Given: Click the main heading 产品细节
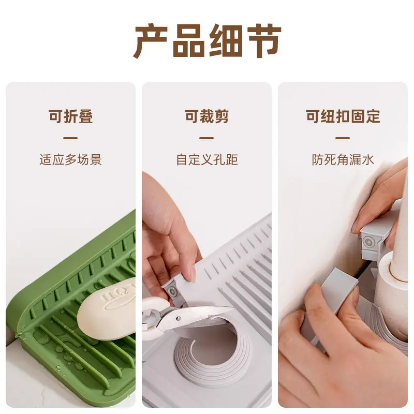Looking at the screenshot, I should click(207, 41).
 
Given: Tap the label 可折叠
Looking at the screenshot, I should click(71, 116).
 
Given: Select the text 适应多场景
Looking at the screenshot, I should click(71, 159).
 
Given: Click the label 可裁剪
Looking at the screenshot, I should click(206, 116).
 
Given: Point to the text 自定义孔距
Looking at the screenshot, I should click(206, 159).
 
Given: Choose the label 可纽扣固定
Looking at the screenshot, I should click(343, 116).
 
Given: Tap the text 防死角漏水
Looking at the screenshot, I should click(343, 159).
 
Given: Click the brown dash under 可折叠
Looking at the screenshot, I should click(70, 138).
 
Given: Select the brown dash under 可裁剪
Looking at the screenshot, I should click(206, 138).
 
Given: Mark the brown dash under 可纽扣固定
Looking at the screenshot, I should click(343, 138).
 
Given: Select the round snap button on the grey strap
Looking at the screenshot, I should click(368, 241).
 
